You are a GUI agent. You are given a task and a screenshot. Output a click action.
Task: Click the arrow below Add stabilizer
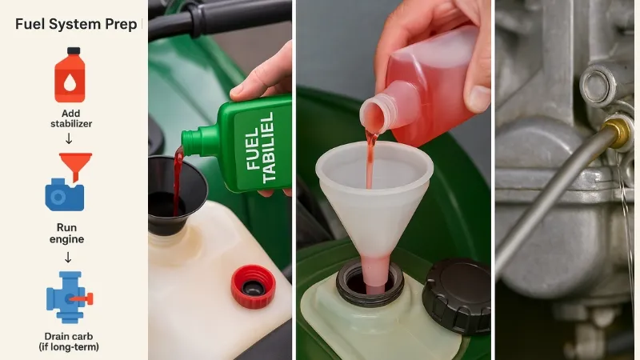click(69, 139)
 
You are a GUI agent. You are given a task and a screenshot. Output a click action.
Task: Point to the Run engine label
click(69, 233)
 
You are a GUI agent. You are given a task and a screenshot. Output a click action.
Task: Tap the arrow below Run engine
click(69, 257)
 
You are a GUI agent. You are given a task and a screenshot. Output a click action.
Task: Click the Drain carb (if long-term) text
click(69, 340)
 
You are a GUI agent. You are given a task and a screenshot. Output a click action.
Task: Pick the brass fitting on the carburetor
click(616, 132)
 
